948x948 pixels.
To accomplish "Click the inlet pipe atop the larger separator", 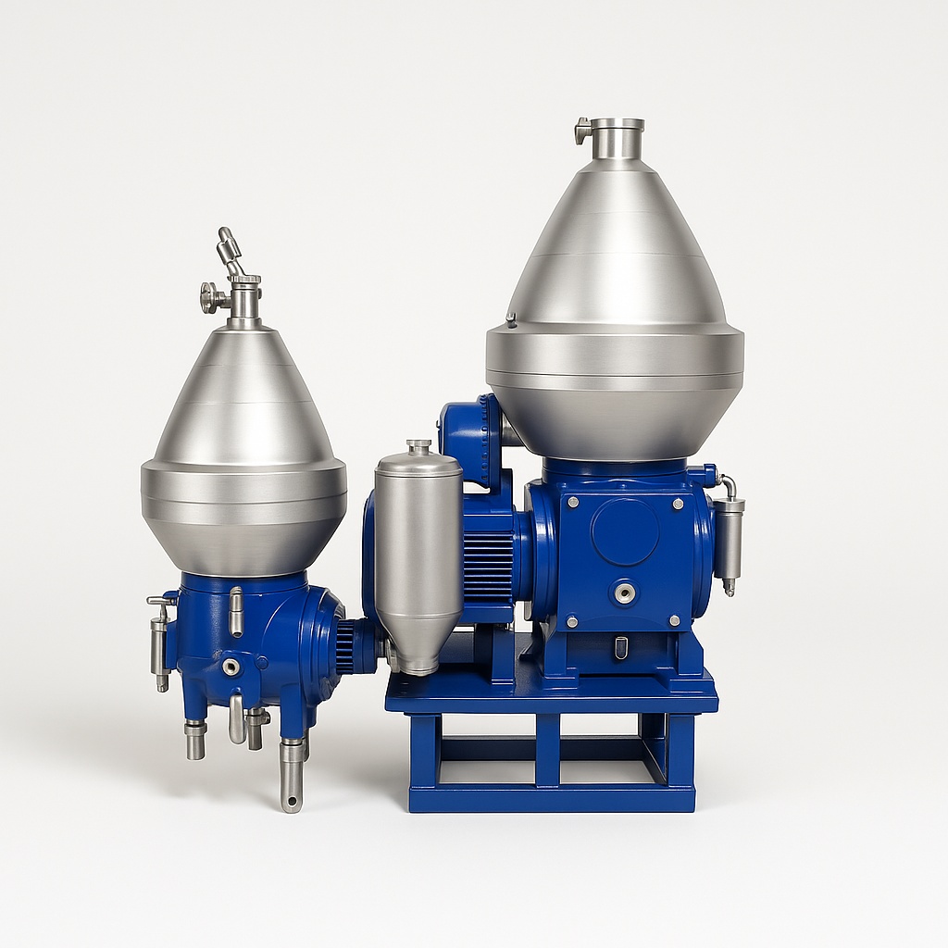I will [x=617, y=139].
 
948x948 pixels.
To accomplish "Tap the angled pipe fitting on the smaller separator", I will [x=229, y=247].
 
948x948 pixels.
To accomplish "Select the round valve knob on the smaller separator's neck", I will [x=210, y=297].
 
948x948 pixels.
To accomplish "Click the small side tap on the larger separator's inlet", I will [x=582, y=131].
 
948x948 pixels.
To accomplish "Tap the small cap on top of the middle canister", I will [x=418, y=447].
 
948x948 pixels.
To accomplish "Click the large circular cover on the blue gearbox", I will [x=625, y=531].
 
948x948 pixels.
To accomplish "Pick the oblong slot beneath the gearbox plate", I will [x=621, y=647].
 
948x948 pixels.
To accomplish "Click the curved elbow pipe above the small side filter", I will [x=728, y=485].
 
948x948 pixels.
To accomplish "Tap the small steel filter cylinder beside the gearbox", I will [x=729, y=543].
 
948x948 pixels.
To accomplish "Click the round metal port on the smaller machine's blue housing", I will [x=231, y=667].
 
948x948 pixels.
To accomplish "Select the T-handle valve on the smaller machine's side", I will [x=160, y=639].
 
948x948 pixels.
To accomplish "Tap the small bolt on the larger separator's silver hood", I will [x=510, y=319].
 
